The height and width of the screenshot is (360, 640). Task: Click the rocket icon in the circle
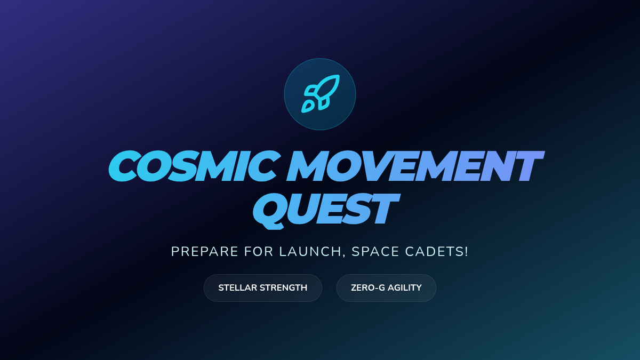[320, 94]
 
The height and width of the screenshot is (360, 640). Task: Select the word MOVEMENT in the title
[415, 166]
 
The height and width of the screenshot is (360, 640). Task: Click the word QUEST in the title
[326, 211]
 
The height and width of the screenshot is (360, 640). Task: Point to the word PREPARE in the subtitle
[205, 252]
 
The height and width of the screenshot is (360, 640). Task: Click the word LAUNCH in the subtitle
[310, 252]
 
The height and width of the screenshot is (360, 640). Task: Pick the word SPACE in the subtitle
[375, 252]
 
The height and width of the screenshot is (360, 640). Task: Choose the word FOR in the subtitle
[259, 252]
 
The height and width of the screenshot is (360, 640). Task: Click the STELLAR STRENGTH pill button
[263, 288]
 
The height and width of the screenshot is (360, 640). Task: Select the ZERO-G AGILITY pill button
[386, 288]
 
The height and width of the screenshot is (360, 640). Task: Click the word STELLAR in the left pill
[237, 287]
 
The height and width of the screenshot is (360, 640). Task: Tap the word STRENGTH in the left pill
[283, 287]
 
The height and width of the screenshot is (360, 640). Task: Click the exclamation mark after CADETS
[466, 252]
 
